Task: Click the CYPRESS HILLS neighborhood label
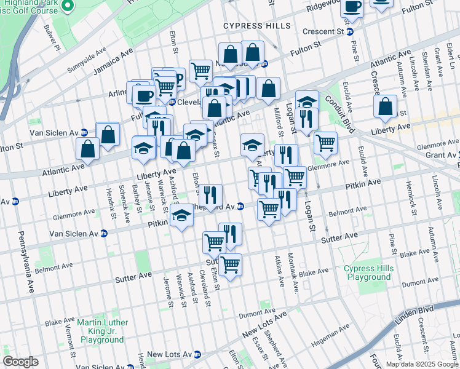(x=257, y=26)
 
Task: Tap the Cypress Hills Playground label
(x=367, y=273)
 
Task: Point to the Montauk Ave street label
(x=295, y=273)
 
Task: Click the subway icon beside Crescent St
(x=350, y=31)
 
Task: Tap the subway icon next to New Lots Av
(x=197, y=355)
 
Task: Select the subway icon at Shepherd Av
(x=241, y=207)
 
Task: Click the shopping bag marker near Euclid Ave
(x=385, y=106)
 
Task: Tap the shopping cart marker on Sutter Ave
(x=230, y=265)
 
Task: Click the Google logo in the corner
(x=20, y=362)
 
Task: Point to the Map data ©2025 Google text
(x=421, y=364)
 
